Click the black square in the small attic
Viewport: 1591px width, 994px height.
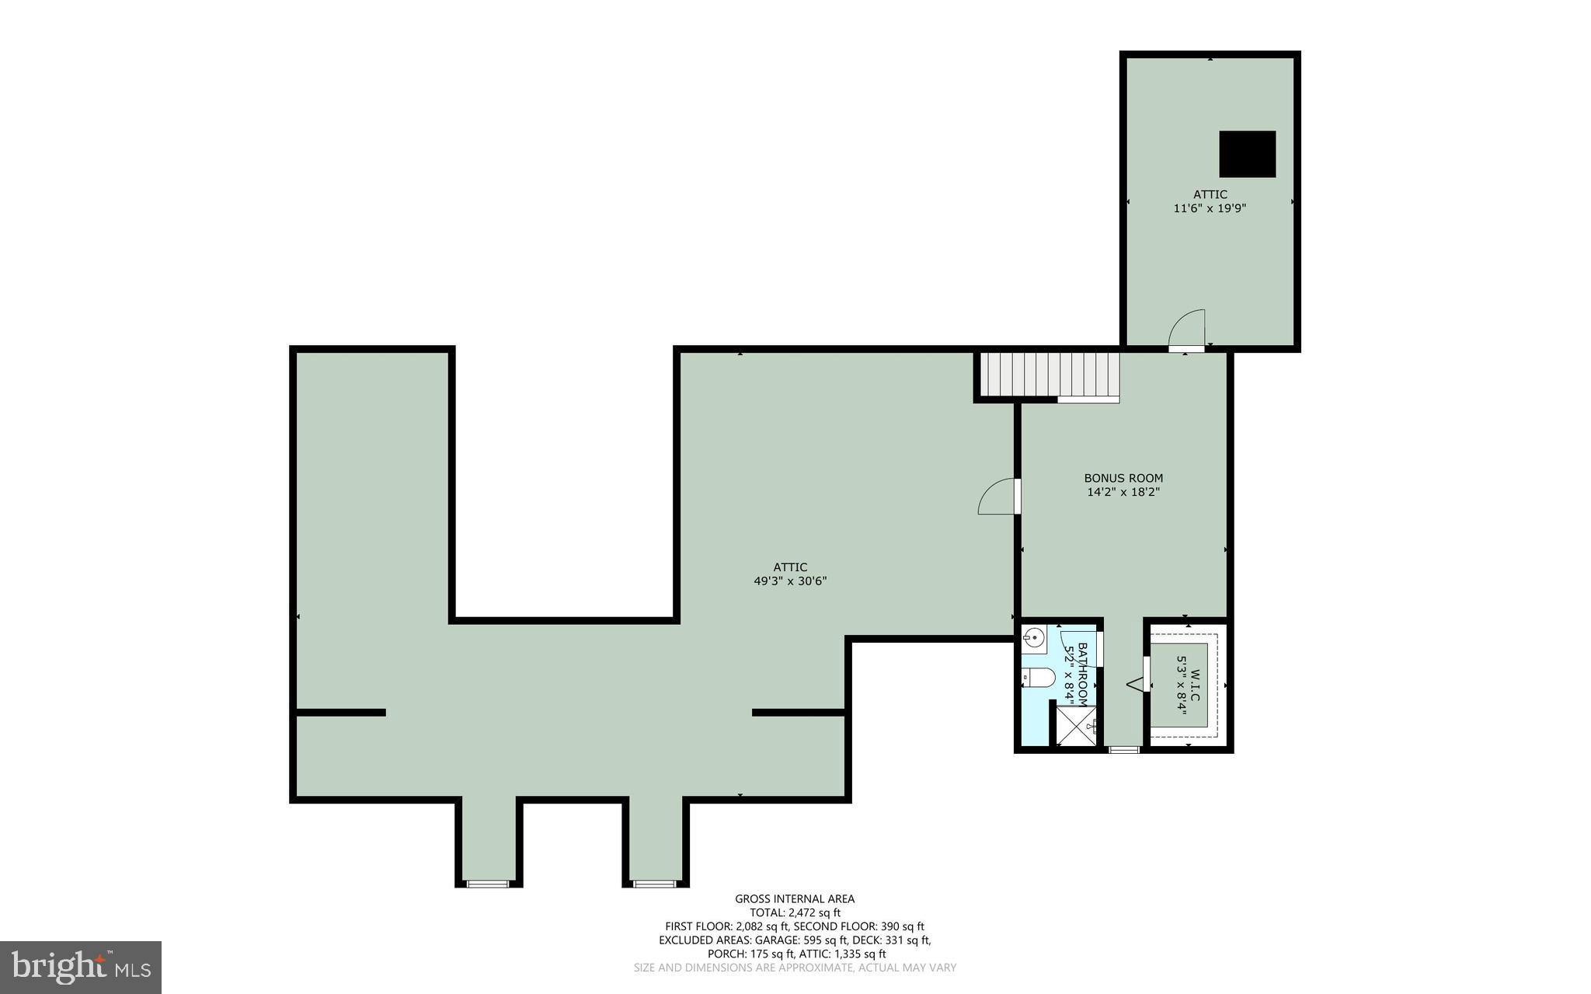click(1247, 154)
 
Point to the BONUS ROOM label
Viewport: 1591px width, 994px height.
click(1123, 478)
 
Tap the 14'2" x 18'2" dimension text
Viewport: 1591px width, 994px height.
click(1123, 492)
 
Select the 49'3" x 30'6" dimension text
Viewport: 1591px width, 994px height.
click(790, 581)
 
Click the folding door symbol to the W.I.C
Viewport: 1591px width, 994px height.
click(1137, 684)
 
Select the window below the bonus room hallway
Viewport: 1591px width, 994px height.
click(1123, 749)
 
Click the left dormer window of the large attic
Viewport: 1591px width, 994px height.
click(488, 884)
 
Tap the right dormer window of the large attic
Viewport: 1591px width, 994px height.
click(654, 884)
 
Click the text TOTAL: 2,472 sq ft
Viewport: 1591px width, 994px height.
click(795, 913)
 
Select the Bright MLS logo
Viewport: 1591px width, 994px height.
click(81, 967)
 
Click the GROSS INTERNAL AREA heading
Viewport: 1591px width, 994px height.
click(795, 899)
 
